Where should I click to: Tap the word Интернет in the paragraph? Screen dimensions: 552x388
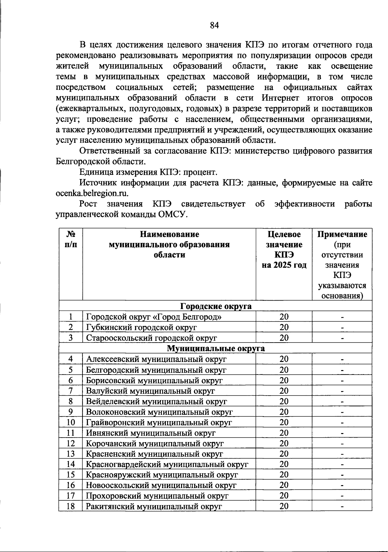pyautogui.click(x=281, y=98)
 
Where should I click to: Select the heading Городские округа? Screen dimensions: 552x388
pyautogui.click(x=216, y=306)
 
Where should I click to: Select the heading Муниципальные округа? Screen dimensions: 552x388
pyautogui.click(x=216, y=348)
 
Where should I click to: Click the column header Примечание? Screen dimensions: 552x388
pyautogui.click(x=342, y=234)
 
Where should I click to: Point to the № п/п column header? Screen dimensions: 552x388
pyautogui.click(x=71, y=239)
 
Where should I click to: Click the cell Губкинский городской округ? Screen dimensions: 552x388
pyautogui.click(x=142, y=327)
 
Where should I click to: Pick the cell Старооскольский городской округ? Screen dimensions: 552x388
pyautogui.click(x=151, y=338)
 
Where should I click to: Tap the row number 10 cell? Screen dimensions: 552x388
pyautogui.click(x=71, y=422)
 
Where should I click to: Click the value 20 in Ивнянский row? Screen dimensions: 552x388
pyautogui.click(x=284, y=433)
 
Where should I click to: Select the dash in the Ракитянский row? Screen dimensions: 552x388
pyautogui.click(x=342, y=507)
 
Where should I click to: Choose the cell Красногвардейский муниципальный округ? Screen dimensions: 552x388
pyautogui.click(x=167, y=464)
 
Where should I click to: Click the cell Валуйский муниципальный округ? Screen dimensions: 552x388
pyautogui.click(x=151, y=391)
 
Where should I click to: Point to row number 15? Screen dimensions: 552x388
pyautogui.click(x=71, y=475)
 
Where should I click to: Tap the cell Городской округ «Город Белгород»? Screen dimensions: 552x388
pyautogui.click(x=154, y=317)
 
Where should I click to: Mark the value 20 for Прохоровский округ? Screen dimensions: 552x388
pyautogui.click(x=284, y=496)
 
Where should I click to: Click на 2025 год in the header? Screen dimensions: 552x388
pyautogui.click(x=284, y=265)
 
